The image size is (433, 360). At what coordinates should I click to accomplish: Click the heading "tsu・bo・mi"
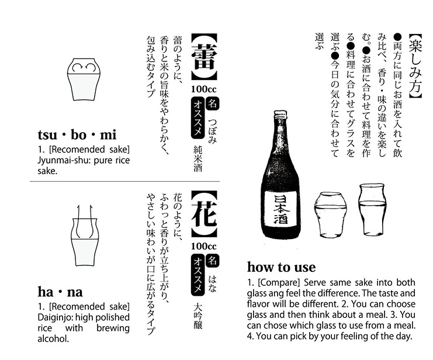click(x=77, y=135)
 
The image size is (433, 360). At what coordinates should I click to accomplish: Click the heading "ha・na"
click(x=60, y=292)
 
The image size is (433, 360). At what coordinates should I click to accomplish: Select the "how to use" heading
click(x=281, y=267)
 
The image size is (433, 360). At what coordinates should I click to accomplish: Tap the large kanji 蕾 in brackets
click(x=204, y=57)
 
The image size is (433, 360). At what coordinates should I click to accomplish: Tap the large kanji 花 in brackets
click(x=204, y=213)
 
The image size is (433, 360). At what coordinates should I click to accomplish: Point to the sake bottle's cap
click(x=281, y=115)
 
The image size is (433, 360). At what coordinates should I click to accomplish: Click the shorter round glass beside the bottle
click(x=330, y=214)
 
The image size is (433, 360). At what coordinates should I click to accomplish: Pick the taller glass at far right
click(x=372, y=210)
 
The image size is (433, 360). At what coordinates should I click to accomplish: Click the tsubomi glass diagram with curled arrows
click(x=84, y=79)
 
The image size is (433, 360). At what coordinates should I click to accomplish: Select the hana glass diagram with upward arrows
click(x=84, y=236)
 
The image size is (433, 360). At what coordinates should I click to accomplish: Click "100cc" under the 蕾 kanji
click(x=204, y=89)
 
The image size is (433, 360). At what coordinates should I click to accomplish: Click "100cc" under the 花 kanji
click(x=204, y=246)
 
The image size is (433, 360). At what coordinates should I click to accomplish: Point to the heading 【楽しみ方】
click(x=415, y=66)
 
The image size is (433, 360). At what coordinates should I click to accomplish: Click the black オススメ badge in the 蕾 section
click(x=198, y=118)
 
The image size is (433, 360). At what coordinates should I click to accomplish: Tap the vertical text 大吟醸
click(x=198, y=316)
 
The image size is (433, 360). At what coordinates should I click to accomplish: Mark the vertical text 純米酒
click(x=198, y=158)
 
